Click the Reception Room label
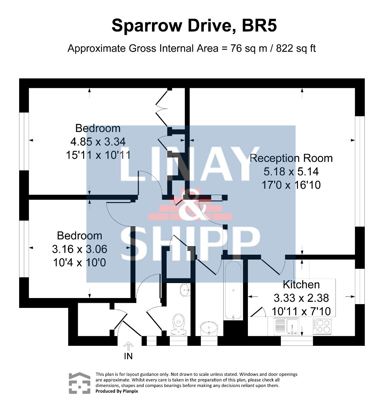[291, 158]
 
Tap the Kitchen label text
[301, 285]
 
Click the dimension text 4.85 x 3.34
[98, 142]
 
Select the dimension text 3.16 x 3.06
[79, 249]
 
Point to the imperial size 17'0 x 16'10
[291, 185]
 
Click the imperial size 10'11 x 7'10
[301, 311]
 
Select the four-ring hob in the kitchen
[322, 326]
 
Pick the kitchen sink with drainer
[286, 326]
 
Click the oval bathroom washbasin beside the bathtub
[209, 328]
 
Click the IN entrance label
[128, 357]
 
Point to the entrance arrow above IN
[128, 346]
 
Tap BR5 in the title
[259, 25]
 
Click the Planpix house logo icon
[79, 383]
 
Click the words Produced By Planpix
[117, 391]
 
